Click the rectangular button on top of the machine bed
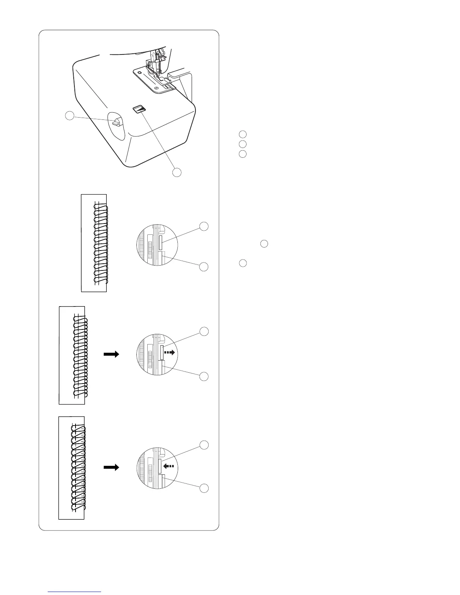139,109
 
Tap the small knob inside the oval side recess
117,122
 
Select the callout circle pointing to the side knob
70,116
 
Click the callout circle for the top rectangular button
177,172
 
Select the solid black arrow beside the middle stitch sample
112,354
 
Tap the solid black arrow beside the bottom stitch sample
112,467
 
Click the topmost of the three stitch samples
94,243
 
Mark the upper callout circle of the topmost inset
204,227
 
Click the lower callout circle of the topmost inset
204,267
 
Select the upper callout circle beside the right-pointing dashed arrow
204,331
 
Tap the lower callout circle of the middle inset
204,376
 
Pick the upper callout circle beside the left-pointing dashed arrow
204,445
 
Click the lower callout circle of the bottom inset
204,488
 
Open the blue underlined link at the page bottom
75,591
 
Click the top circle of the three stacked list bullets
243,134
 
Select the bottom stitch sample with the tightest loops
71,468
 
